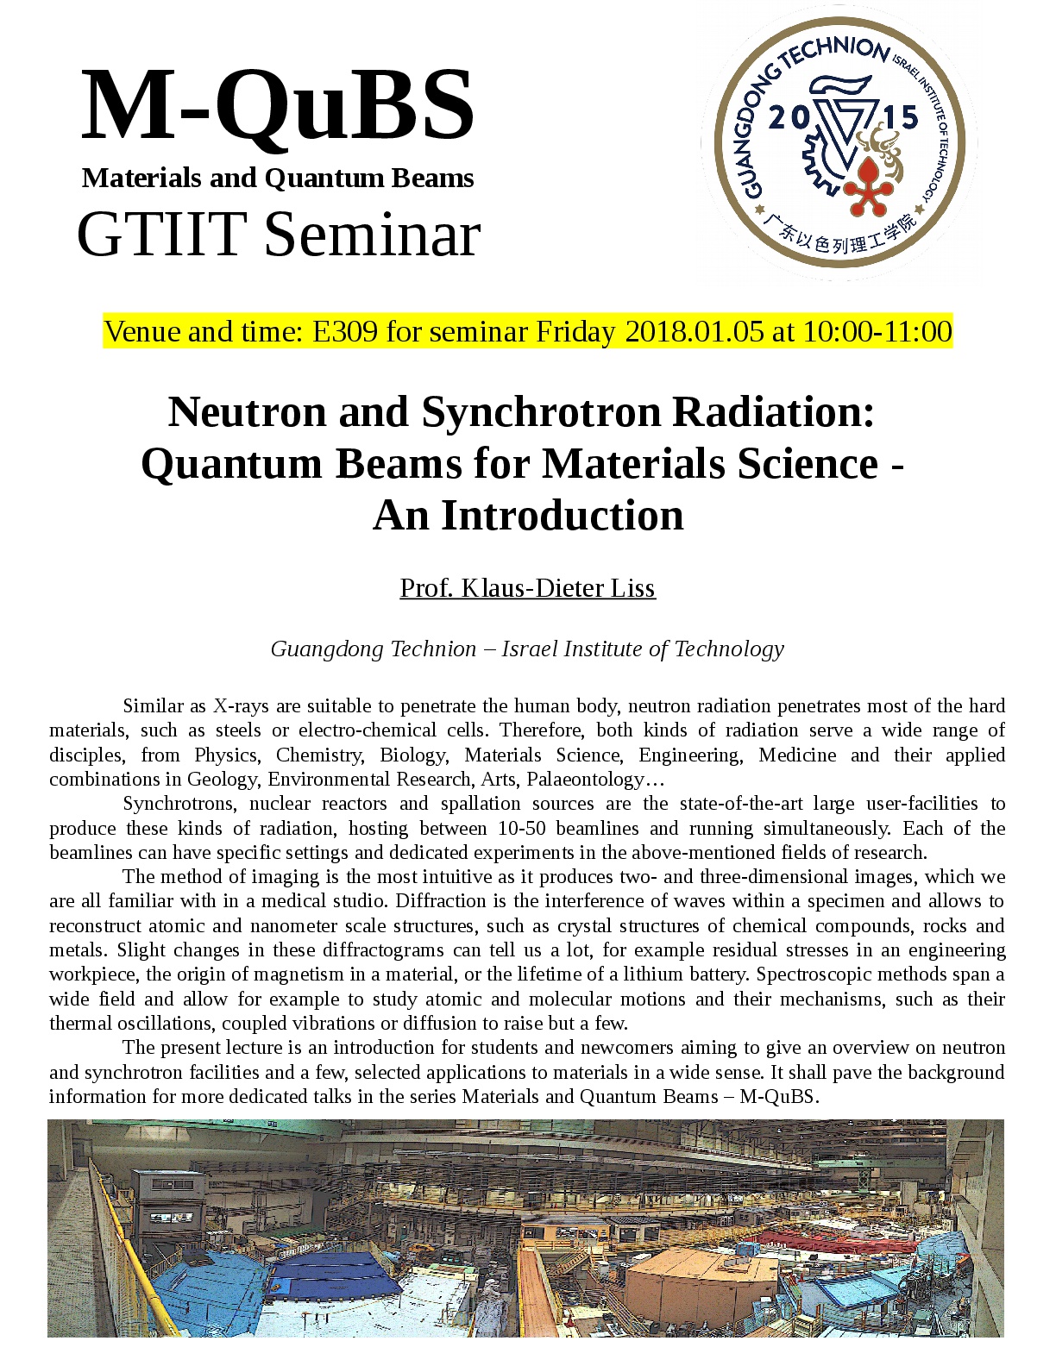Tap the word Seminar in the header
(x=373, y=235)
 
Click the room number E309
(x=345, y=331)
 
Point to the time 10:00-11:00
(x=877, y=331)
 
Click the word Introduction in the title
(x=563, y=516)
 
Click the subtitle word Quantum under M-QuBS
(x=324, y=179)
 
